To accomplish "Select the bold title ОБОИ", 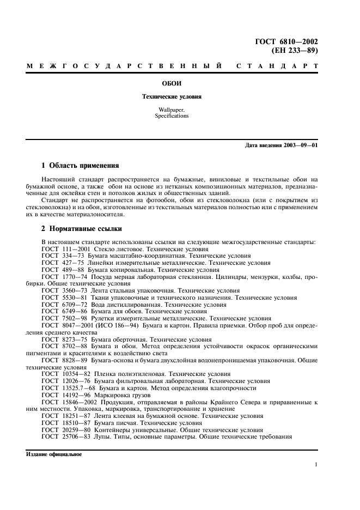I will tap(172, 84).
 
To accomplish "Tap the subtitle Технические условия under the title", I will tap(172, 96).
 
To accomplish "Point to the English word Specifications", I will tap(172, 116).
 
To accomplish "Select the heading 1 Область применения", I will tap(80, 165).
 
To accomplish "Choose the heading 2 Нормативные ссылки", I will tap(82, 229).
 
